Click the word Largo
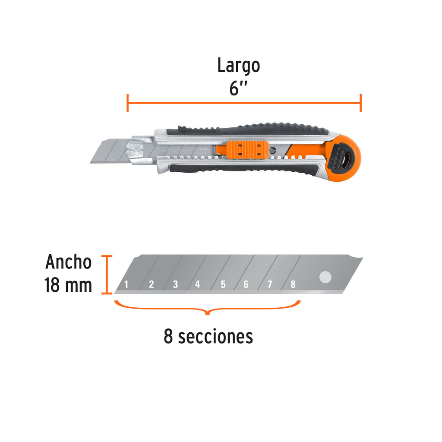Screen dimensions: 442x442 click(238, 66)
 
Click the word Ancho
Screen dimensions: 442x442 click(69, 262)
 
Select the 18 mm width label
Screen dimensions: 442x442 click(68, 285)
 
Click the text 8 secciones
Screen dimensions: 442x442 click(208, 336)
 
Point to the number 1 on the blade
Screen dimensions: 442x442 click(126, 284)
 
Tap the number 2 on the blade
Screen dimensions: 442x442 click(151, 284)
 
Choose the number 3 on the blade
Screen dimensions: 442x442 click(175, 284)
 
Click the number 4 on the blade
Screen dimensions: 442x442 click(198, 284)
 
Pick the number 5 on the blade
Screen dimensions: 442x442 click(223, 284)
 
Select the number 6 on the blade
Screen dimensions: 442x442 click(246, 284)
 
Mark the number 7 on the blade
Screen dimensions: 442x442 click(270, 284)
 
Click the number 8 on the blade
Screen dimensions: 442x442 click(293, 284)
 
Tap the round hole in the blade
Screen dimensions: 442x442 click(325, 278)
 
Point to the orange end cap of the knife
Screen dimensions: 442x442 click(343, 158)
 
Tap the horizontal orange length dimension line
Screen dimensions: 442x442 click(244, 103)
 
